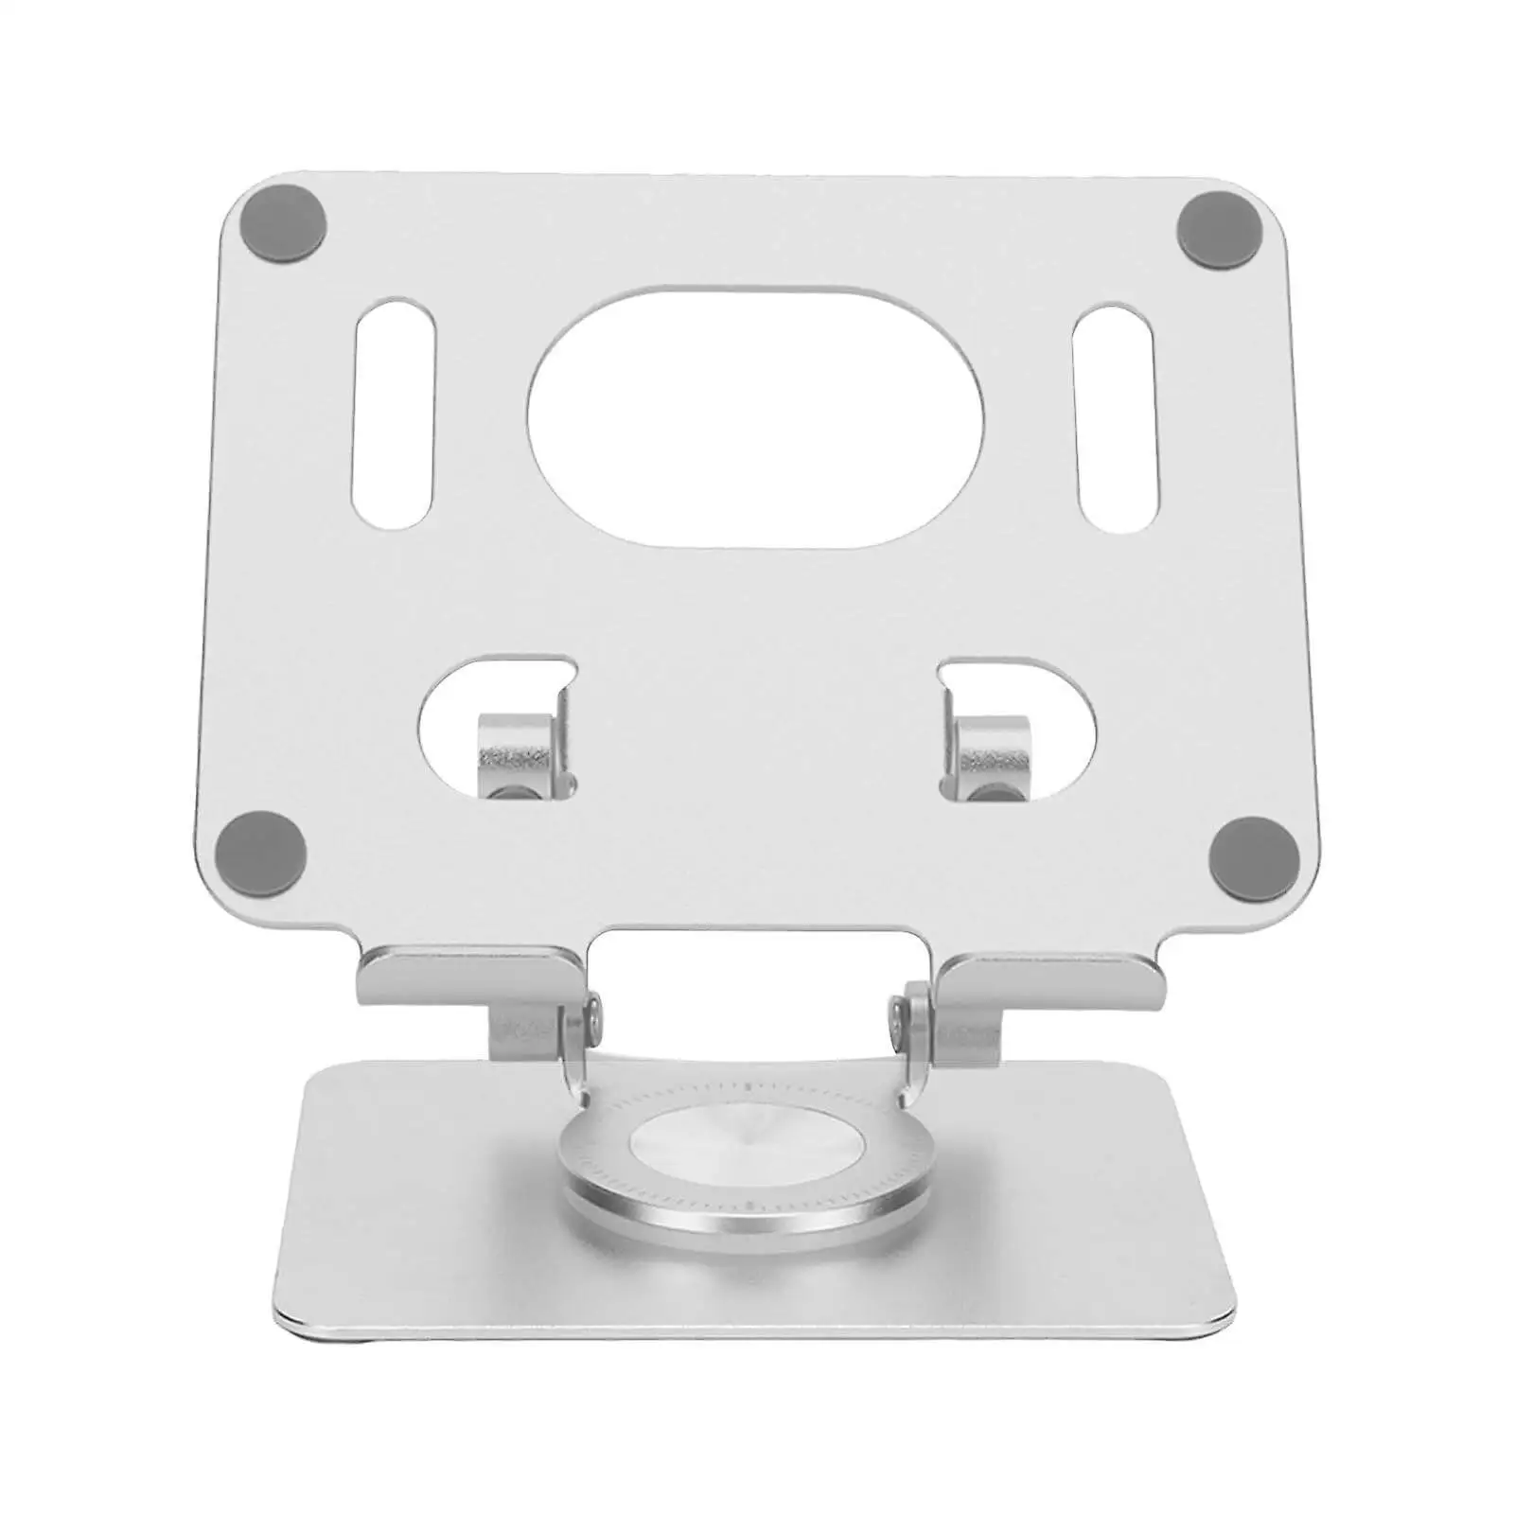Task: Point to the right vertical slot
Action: coord(1115,418)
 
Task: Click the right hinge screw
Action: coord(894,1015)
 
